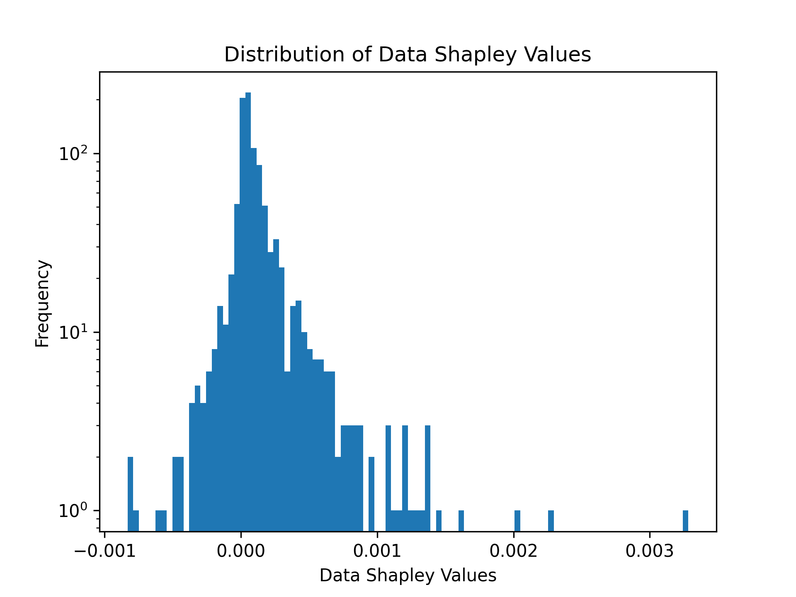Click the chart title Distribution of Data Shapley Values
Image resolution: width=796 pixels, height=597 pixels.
pyautogui.click(x=408, y=55)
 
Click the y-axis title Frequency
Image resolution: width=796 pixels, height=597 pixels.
pyautogui.click(x=42, y=303)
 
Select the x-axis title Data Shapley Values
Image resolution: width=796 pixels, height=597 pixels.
pyautogui.click(x=408, y=575)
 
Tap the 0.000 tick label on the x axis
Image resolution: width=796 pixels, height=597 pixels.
pyautogui.click(x=240, y=551)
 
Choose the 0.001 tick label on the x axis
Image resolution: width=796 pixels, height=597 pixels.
pyautogui.click(x=377, y=551)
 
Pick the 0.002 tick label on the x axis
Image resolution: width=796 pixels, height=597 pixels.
pyautogui.click(x=513, y=551)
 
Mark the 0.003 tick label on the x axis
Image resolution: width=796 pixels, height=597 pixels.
pyautogui.click(x=649, y=551)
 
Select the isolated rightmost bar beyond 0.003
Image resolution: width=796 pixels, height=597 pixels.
pyautogui.click(x=685, y=521)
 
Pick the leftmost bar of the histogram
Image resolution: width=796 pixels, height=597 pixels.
pyautogui.click(x=130, y=493)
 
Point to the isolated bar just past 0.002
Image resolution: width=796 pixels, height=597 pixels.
pyautogui.click(x=517, y=521)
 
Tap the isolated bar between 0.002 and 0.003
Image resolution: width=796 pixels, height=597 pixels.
pyautogui.click(x=551, y=521)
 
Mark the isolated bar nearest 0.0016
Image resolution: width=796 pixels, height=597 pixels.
pyautogui.click(x=461, y=521)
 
